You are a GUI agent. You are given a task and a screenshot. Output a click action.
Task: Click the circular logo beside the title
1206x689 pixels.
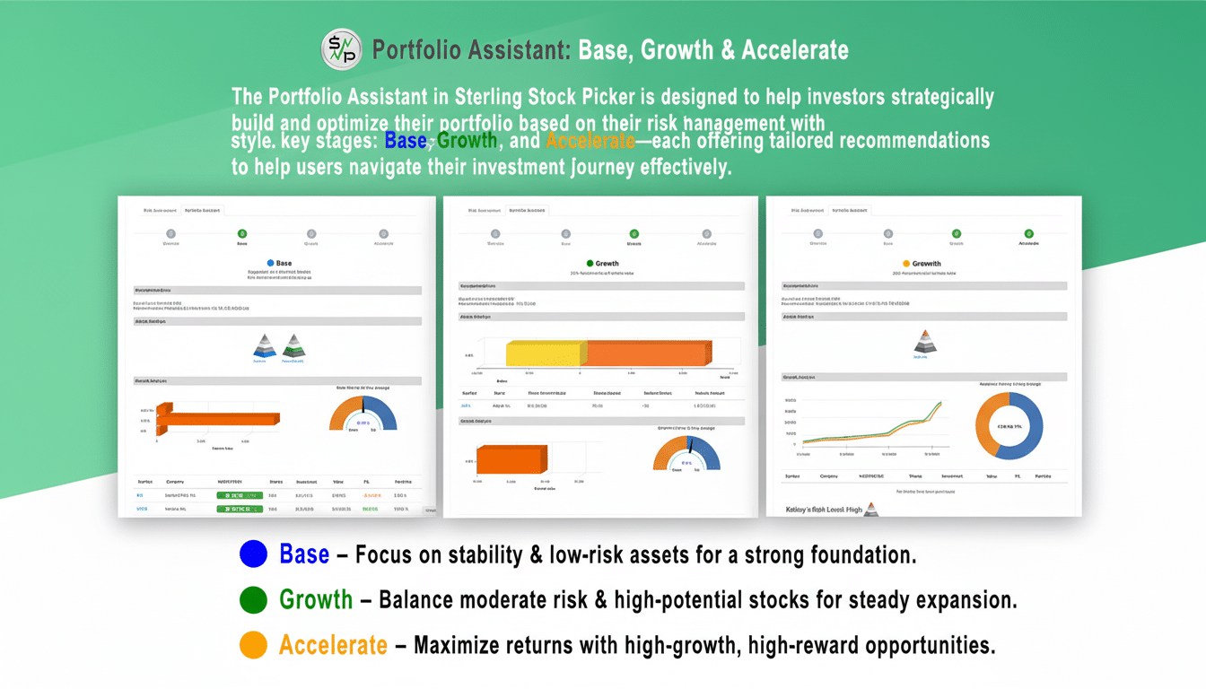click(342, 49)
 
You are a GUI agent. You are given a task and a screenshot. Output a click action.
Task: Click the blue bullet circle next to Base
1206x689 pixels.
click(254, 554)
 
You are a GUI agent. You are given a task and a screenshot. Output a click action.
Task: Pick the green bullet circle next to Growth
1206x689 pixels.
click(254, 599)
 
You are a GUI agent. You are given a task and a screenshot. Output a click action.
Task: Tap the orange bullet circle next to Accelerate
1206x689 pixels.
click(254, 644)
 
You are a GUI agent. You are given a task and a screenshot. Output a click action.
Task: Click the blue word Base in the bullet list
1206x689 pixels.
click(304, 554)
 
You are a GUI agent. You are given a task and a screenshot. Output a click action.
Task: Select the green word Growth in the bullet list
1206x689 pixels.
click(316, 599)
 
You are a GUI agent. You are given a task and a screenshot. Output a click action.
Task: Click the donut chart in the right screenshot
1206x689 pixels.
click(1009, 426)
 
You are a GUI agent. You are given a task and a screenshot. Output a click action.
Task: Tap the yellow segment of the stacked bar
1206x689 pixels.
click(546, 353)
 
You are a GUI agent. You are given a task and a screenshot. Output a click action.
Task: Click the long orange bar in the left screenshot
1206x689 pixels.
click(217, 419)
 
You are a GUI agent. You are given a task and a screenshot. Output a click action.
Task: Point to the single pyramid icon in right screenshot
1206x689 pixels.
click(924, 341)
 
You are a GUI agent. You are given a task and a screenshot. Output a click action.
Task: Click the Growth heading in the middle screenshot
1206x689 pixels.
click(603, 264)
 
